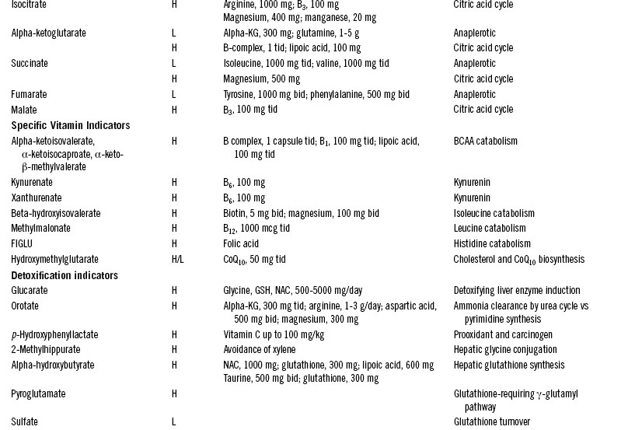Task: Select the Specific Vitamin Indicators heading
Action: [x=70, y=126]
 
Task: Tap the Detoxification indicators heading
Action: [x=65, y=275]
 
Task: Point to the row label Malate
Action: [x=24, y=110]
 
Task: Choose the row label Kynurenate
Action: [x=32, y=183]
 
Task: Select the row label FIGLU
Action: [x=23, y=244]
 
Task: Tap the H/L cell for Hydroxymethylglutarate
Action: [x=177, y=260]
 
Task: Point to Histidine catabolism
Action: [x=492, y=244]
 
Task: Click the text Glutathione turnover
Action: [x=491, y=422]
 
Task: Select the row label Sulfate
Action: [x=24, y=422]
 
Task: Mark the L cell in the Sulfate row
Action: [x=173, y=422]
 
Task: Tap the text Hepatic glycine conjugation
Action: [x=505, y=350]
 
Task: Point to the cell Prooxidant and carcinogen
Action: [x=504, y=335]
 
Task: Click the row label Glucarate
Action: [x=29, y=291]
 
